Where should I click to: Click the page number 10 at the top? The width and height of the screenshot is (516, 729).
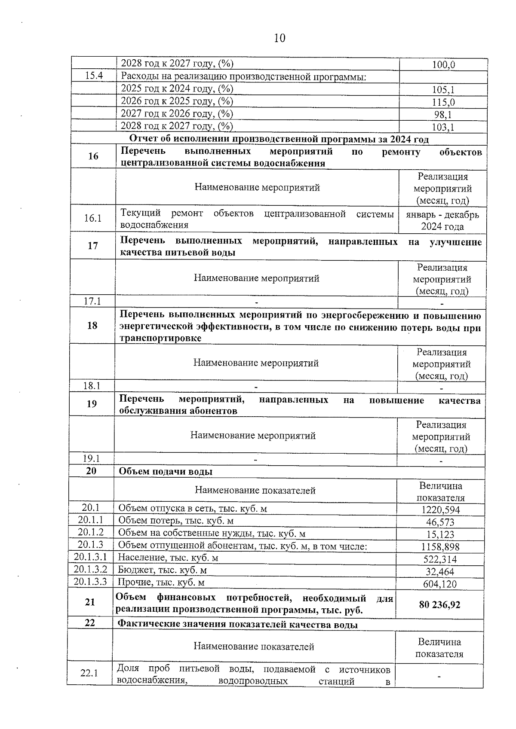tap(279, 38)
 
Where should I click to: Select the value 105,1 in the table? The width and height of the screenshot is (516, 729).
tap(443, 90)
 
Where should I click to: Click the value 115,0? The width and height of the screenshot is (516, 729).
tap(443, 102)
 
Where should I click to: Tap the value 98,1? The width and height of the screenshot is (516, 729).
tap(443, 115)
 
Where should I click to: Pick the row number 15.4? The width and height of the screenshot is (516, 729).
tap(94, 76)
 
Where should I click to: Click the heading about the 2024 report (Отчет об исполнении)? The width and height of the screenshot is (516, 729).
tap(279, 139)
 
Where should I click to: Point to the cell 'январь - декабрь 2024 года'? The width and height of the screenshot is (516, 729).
tap(442, 220)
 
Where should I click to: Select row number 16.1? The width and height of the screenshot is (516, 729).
tap(93, 218)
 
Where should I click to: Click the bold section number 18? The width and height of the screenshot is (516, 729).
tap(92, 325)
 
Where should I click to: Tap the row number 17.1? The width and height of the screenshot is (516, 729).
tap(92, 301)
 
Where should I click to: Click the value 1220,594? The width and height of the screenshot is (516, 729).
tap(440, 510)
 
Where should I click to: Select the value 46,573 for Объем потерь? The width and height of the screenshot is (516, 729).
tap(440, 522)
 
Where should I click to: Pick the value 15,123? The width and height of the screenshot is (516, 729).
tap(440, 535)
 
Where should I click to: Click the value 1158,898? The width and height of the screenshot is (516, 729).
tap(440, 547)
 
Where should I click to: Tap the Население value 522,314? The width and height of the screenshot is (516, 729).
tap(440, 559)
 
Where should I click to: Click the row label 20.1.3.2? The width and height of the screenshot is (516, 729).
tap(90, 570)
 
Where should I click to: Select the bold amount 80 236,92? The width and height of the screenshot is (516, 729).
tap(439, 605)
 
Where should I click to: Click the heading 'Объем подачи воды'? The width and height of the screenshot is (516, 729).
tap(166, 471)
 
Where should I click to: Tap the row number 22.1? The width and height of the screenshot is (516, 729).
tap(89, 673)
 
